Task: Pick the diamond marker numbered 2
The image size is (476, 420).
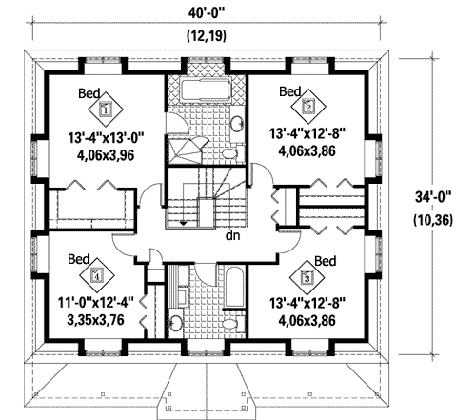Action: [307, 107]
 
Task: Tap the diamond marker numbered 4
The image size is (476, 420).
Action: [96, 278]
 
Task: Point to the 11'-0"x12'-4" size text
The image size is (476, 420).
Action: [98, 303]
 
